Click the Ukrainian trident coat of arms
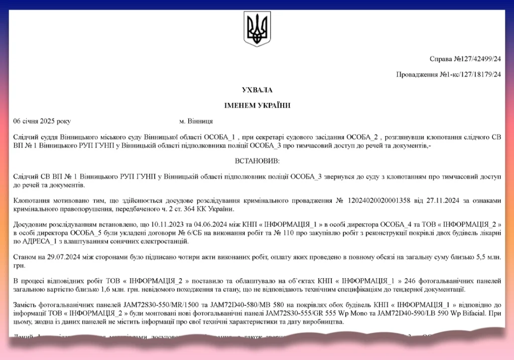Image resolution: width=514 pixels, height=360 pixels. click(x=257, y=29)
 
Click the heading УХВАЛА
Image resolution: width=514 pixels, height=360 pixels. click(x=256, y=90)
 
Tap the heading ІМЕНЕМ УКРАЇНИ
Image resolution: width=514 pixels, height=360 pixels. click(x=256, y=105)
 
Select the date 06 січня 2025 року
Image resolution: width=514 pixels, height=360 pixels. click(x=42, y=122)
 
